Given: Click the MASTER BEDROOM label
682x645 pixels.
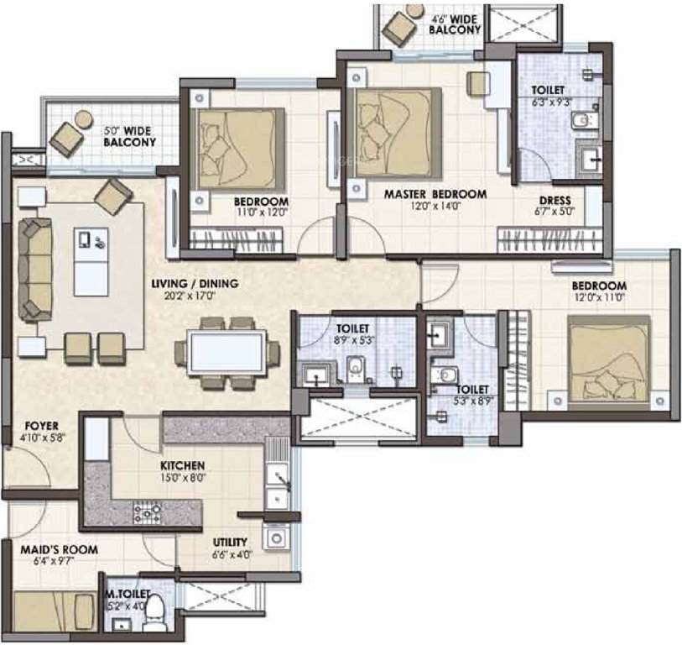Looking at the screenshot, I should (435, 194).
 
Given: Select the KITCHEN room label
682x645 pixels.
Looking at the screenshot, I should (185, 465).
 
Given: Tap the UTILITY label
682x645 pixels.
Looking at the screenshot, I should (229, 542).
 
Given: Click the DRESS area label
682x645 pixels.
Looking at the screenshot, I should (555, 201).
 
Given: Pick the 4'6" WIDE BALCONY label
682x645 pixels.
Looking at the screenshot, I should (454, 23).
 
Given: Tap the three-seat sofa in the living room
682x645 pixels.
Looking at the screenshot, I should (36, 269).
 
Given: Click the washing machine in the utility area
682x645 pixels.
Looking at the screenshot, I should (275, 537).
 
